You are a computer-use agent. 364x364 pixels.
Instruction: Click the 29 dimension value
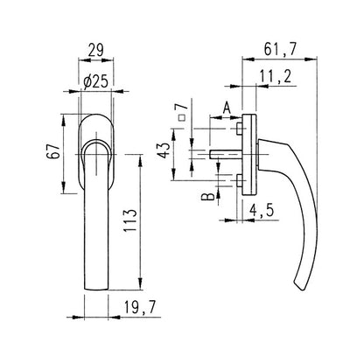pos(95,50)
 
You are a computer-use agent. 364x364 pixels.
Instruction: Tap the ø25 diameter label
pos(95,82)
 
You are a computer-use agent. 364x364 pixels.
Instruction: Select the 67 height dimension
pos(53,150)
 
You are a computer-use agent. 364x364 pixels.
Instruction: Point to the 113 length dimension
pos(130,220)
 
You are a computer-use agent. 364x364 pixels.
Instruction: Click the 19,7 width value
pos(140,307)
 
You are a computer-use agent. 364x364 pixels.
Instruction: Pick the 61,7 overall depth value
pos(280,49)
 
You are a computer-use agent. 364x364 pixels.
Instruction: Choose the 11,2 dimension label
pos(276,77)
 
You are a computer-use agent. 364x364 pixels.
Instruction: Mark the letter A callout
pos(227,108)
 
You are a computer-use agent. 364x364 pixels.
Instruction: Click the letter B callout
pos(208,197)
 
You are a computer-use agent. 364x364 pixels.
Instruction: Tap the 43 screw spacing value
pos(164,150)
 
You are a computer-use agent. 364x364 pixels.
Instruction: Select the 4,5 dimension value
pos(262,210)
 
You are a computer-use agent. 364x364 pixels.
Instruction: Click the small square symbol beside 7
pos(182,118)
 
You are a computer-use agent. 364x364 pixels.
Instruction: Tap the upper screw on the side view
pos(239,129)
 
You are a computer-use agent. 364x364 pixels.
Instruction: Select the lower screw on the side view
pos(239,181)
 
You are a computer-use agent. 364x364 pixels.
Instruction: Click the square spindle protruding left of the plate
pos(226,154)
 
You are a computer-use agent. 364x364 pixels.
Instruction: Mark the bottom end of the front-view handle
pos(96,290)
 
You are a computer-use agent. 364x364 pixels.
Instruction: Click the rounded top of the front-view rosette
pos(96,115)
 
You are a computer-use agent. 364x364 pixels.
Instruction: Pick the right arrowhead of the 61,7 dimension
pos(311,59)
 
